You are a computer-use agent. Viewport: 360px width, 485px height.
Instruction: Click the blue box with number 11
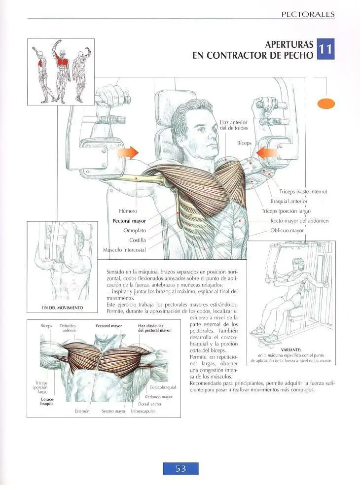click(x=325, y=49)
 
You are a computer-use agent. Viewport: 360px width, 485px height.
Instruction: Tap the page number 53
click(x=181, y=468)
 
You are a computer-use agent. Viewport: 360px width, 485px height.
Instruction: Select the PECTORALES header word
click(x=308, y=14)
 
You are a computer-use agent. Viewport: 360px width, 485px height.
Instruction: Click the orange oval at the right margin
click(x=326, y=104)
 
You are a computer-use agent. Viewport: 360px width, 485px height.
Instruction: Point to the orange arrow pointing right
click(x=128, y=152)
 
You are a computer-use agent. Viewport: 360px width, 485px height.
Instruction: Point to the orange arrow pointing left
click(x=267, y=153)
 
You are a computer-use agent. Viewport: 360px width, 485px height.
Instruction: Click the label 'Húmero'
click(x=128, y=211)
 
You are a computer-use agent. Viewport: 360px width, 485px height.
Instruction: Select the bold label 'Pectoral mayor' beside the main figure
click(x=129, y=221)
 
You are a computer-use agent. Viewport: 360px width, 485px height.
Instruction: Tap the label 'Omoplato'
click(x=135, y=231)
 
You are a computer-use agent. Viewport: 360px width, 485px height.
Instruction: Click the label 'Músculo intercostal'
click(x=124, y=250)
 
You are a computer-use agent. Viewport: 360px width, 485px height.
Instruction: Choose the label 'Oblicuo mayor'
click(x=287, y=231)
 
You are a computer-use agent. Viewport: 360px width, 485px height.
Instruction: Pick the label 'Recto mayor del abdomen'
click(x=299, y=221)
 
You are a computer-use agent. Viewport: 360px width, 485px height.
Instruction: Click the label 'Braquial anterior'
click(x=289, y=202)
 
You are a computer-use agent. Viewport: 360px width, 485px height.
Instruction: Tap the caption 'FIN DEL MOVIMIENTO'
click(x=62, y=308)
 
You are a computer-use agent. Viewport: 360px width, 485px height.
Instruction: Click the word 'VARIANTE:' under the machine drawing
click(x=291, y=350)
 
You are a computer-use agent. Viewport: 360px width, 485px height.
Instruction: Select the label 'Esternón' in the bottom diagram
click(x=82, y=411)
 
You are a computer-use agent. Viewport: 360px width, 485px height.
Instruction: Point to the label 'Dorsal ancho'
click(x=149, y=404)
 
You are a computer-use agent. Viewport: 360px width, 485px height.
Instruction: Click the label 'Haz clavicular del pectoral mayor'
click(x=154, y=328)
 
